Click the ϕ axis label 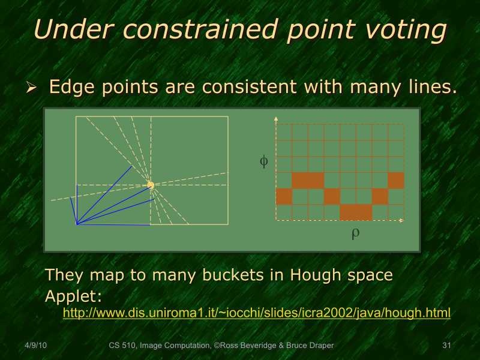pos(263,161)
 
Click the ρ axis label pos(355,233)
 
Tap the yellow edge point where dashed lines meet pos(151,185)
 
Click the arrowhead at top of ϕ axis pos(276,119)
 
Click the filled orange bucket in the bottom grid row pos(355,212)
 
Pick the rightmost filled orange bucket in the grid pos(396,180)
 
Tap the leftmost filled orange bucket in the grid pos(284,196)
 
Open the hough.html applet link pos(257,313)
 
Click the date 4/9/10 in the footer pos(37,346)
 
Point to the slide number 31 pos(446,346)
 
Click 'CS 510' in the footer pos(121,346)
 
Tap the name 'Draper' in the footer pos(316,346)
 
